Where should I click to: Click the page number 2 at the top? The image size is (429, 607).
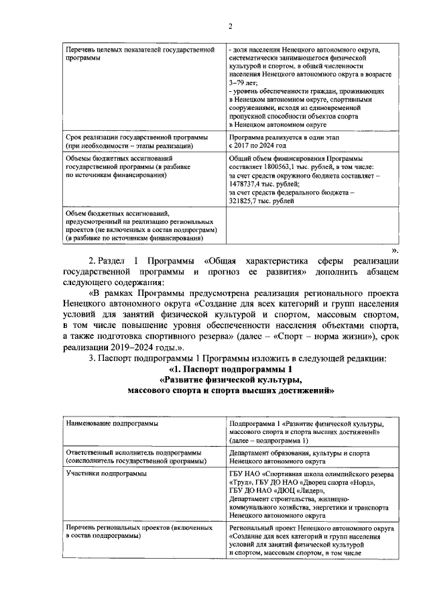pos(230,26)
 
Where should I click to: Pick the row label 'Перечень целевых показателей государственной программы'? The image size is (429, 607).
pos(139,54)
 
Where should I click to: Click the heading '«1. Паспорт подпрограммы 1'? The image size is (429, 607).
pos(232,370)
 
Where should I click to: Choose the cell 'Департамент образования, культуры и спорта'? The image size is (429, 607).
pos(304,453)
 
